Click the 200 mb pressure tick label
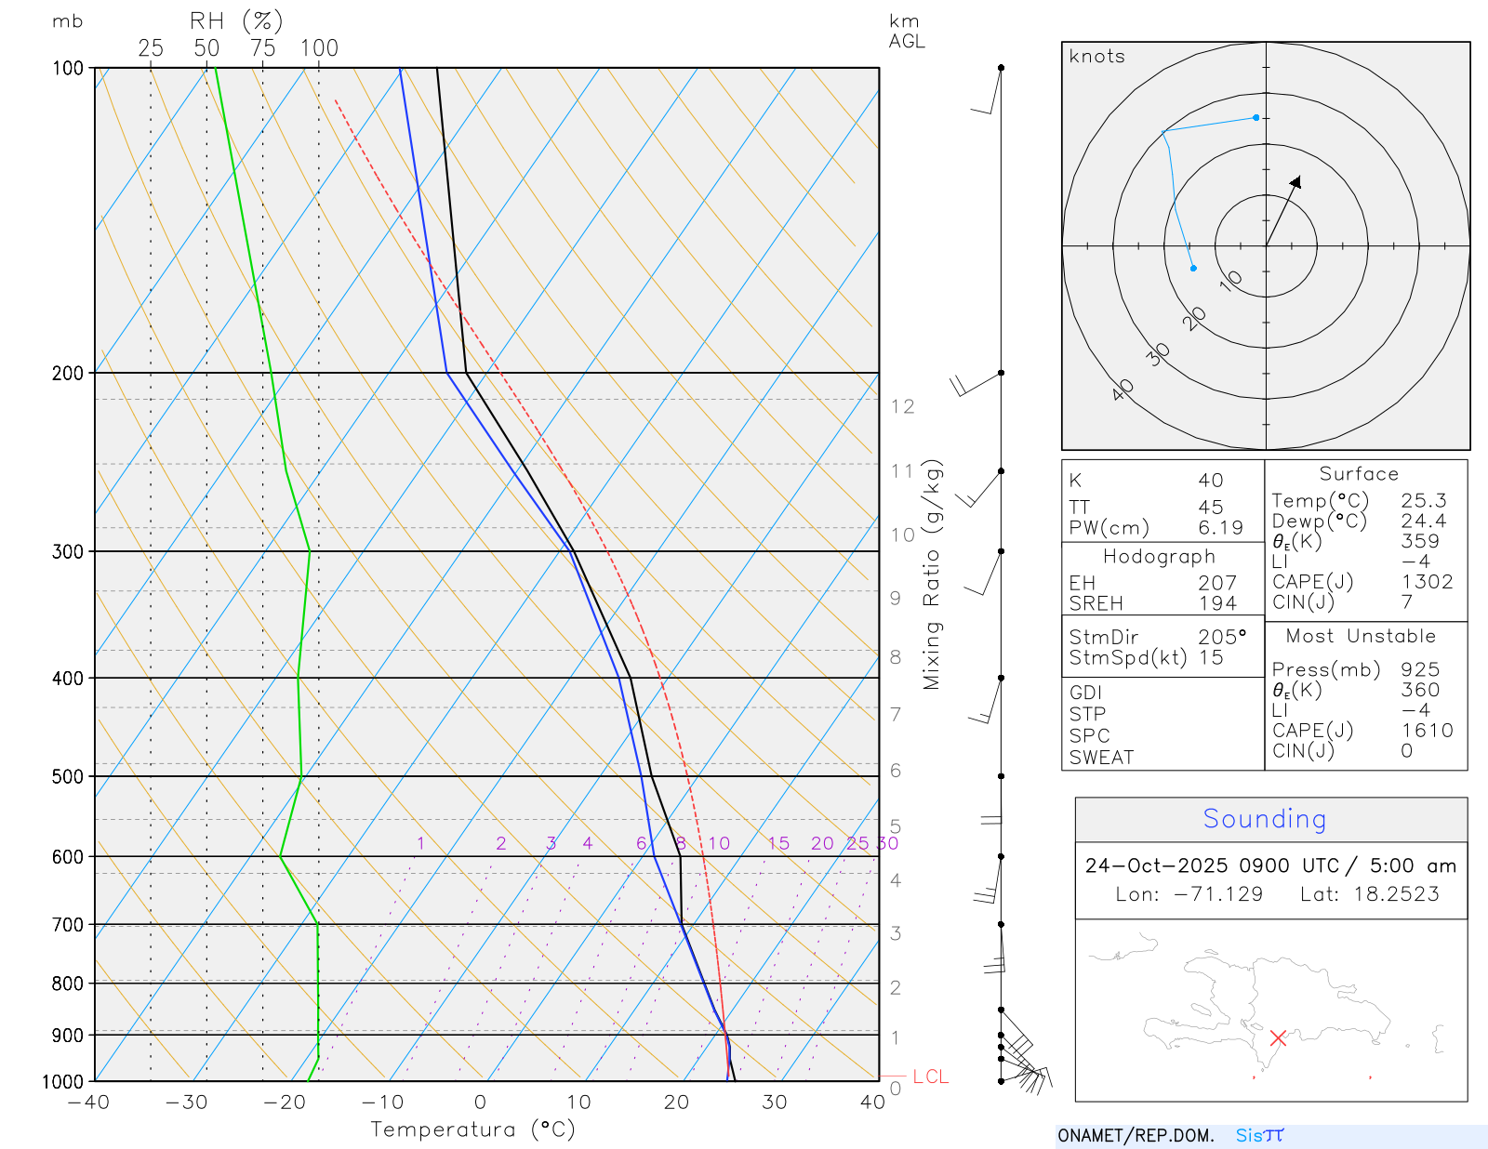67,373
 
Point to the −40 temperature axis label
88,1103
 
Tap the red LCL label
930,1076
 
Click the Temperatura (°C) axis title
472,1129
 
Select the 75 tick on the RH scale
263,48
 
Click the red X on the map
1278,1037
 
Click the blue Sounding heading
1264,819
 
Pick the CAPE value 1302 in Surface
1427,582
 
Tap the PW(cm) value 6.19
1220,528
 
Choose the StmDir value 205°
1221,638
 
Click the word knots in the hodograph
1096,57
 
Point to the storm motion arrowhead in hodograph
1296,181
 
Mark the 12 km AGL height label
902,406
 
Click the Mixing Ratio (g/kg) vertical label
932,574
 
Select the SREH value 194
1217,603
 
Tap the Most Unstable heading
1361,637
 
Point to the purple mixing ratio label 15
778,843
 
